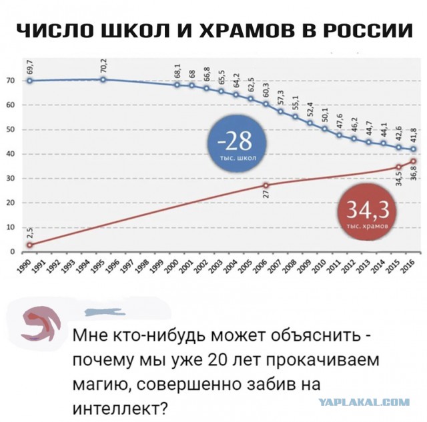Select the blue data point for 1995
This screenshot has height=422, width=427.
pyautogui.click(x=103, y=80)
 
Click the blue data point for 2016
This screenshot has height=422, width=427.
pyautogui.click(x=414, y=149)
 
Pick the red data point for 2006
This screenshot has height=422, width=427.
pyautogui.click(x=266, y=185)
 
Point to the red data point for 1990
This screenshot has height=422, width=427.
pyautogui.click(x=29, y=245)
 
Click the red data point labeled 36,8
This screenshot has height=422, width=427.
pyautogui.click(x=414, y=161)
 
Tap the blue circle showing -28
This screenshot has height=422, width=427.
pyautogui.click(x=237, y=145)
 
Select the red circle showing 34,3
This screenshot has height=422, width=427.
pyautogui.click(x=366, y=211)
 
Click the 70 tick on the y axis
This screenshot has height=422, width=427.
pyautogui.click(x=11, y=81)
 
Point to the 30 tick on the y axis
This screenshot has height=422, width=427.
pyautogui.click(x=11, y=179)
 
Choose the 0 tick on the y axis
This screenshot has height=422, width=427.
pyautogui.click(x=12, y=252)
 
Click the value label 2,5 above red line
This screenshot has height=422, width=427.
pyautogui.click(x=29, y=233)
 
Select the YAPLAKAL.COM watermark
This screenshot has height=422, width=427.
pyautogui.click(x=364, y=402)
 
